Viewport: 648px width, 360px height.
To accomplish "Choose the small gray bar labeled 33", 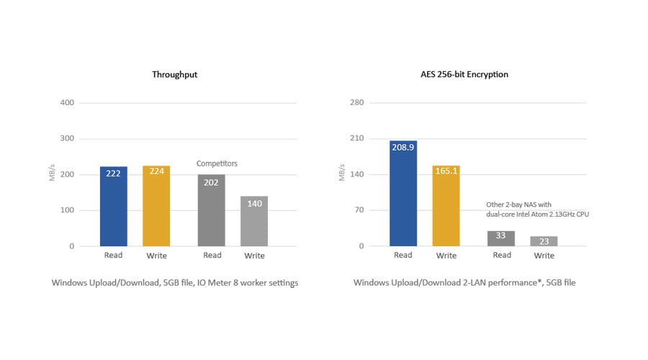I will [501, 238].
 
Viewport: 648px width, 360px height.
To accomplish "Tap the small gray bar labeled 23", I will [544, 241].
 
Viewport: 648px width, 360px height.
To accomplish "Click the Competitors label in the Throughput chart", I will [217, 163].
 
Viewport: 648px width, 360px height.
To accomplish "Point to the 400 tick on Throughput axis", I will [66, 102].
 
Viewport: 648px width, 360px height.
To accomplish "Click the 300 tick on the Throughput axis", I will [66, 138].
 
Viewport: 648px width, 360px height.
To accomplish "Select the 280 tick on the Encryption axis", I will [356, 102].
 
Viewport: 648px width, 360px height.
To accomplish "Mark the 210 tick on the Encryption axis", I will [356, 138].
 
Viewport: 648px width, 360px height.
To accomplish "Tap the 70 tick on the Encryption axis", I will [358, 210].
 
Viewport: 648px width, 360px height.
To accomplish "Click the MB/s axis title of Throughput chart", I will [53, 174].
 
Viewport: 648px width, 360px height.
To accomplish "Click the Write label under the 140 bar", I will [254, 256].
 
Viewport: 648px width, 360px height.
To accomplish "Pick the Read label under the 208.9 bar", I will [403, 255].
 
